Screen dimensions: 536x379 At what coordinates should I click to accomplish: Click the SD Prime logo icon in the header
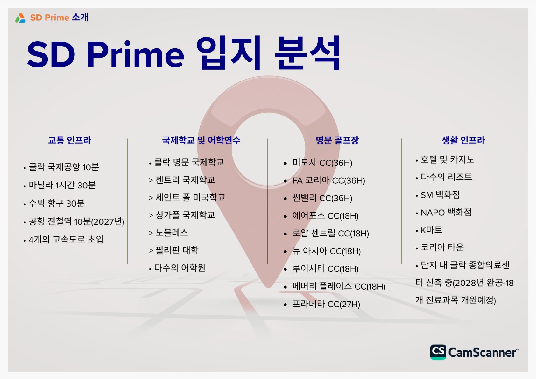20,18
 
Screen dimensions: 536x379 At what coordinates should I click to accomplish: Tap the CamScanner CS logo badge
438,352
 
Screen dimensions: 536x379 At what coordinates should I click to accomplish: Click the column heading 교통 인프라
70,140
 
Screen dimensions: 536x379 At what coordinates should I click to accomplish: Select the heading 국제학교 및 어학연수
201,140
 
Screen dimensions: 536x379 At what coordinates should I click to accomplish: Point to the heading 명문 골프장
337,140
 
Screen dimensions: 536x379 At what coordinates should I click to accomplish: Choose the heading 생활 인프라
463,140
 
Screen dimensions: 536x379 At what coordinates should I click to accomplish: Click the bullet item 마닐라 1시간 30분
62,185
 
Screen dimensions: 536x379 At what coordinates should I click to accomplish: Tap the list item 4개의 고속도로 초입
66,239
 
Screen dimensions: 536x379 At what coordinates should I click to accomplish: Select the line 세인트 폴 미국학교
190,197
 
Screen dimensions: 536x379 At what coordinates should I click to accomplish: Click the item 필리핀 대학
177,250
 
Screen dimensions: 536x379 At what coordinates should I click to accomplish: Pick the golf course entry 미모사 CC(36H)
322,163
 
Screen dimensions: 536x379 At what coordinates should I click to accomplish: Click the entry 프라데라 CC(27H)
326,304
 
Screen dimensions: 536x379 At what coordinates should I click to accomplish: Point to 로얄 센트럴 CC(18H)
331,233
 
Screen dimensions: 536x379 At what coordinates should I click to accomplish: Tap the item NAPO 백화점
446,213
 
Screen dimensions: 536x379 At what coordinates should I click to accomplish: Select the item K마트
431,230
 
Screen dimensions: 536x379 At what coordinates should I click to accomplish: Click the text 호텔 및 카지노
448,160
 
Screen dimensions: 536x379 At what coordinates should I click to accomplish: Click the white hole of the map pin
268,148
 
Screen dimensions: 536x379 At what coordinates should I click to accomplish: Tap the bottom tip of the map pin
268,287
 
